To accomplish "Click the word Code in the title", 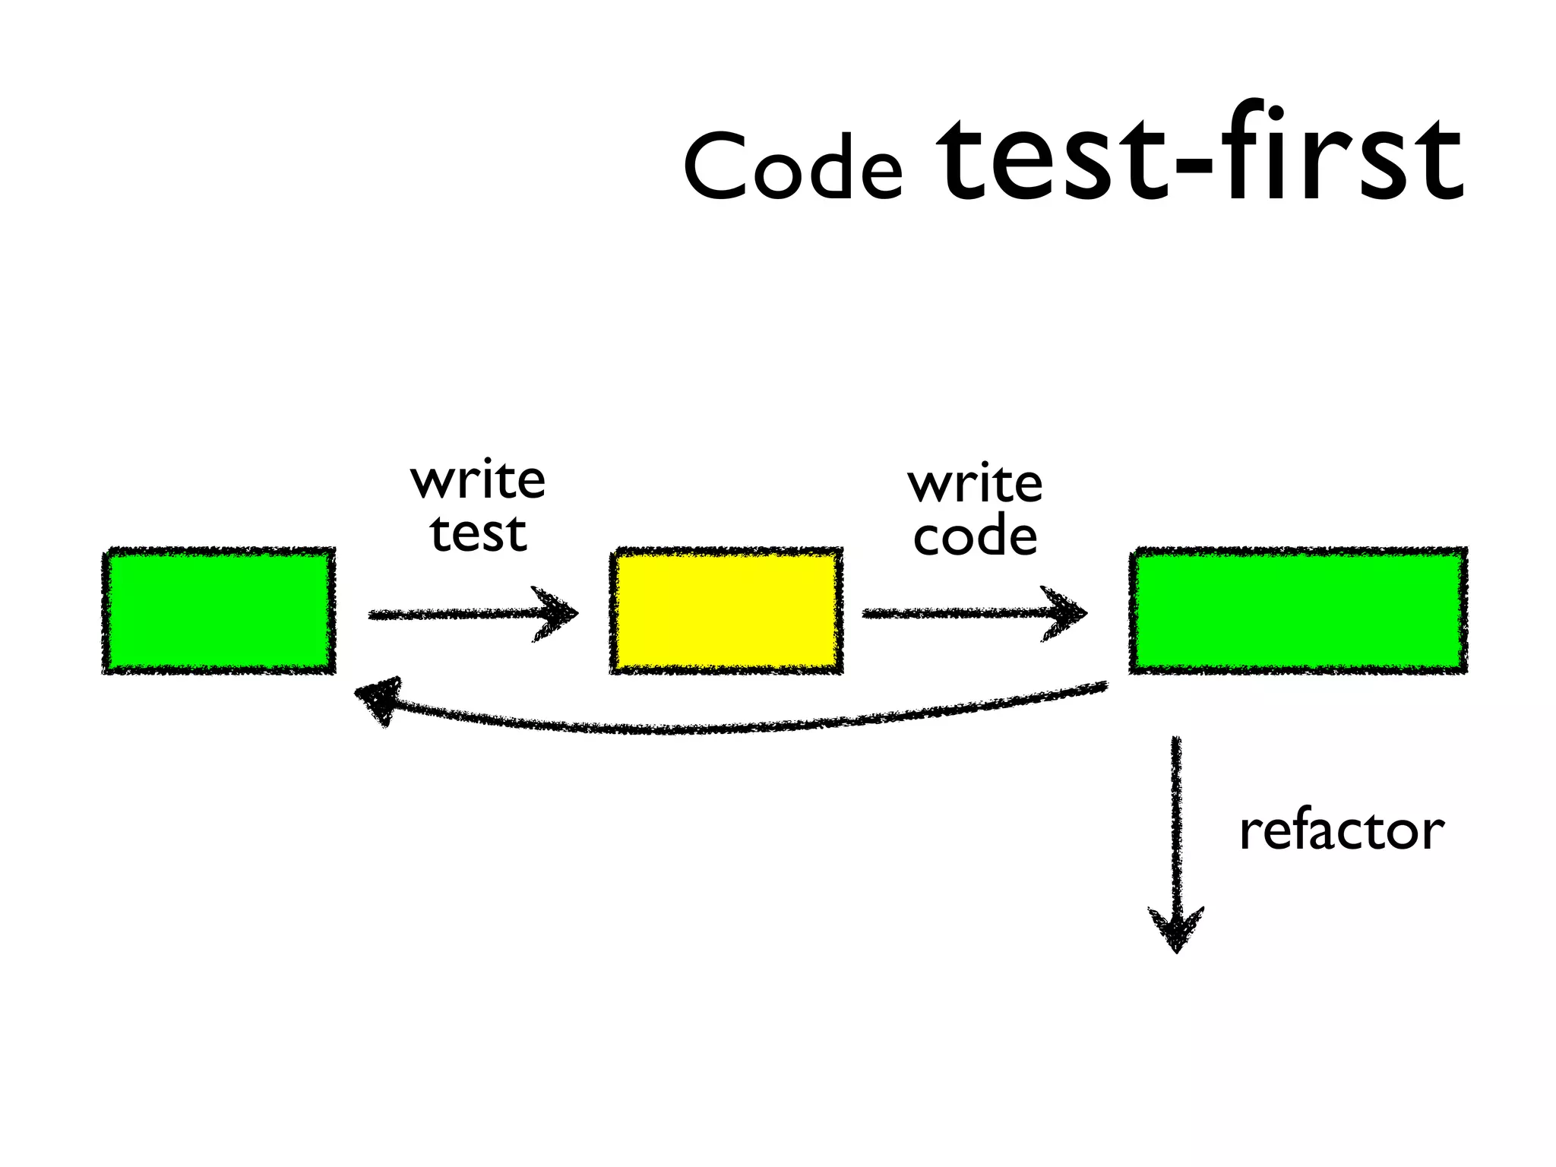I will pyautogui.click(x=792, y=166).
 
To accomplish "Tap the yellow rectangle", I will pyautogui.click(x=726, y=611).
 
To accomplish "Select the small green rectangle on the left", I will pyautogui.click(x=219, y=611).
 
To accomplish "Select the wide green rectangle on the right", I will pyautogui.click(x=1298, y=611).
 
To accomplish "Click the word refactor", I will pyautogui.click(x=1341, y=830).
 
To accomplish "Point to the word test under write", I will pyautogui.click(x=478, y=533).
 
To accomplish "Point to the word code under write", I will pyautogui.click(x=975, y=536).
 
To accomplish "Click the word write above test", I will pyautogui.click(x=478, y=481).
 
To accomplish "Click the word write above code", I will pyautogui.click(x=975, y=484).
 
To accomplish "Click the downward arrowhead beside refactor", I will pyautogui.click(x=1176, y=931).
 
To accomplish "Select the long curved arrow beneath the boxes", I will pyautogui.click(x=722, y=728).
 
